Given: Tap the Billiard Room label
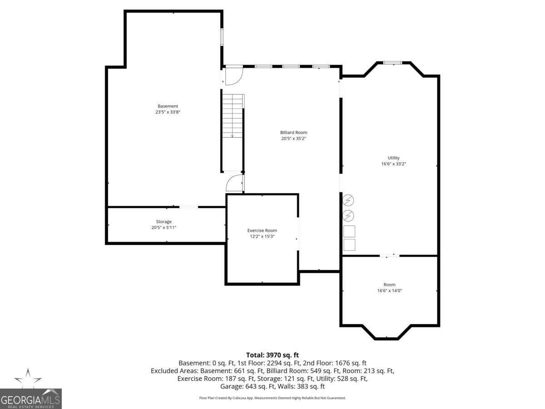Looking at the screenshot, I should (x=293, y=132).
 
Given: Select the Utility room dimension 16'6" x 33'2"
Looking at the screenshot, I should (x=393, y=164).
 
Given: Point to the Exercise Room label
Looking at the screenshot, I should (x=262, y=230).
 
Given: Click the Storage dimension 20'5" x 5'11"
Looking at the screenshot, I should (x=164, y=228).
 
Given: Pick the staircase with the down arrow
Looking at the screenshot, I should (x=233, y=116).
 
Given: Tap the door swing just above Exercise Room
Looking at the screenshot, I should (x=234, y=183).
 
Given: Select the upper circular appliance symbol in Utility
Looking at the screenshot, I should (x=348, y=200).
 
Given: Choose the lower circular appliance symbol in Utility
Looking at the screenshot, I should (x=348, y=215).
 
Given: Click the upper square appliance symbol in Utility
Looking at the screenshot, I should (x=349, y=231).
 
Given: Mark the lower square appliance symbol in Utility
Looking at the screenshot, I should (x=349, y=245).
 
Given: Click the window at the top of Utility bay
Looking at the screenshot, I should (x=392, y=63).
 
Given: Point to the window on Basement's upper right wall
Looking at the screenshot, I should (x=222, y=37).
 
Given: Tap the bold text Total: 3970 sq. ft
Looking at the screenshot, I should (x=272, y=355).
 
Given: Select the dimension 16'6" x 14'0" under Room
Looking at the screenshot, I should (x=389, y=290).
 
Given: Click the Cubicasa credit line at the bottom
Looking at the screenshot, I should (x=272, y=398).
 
